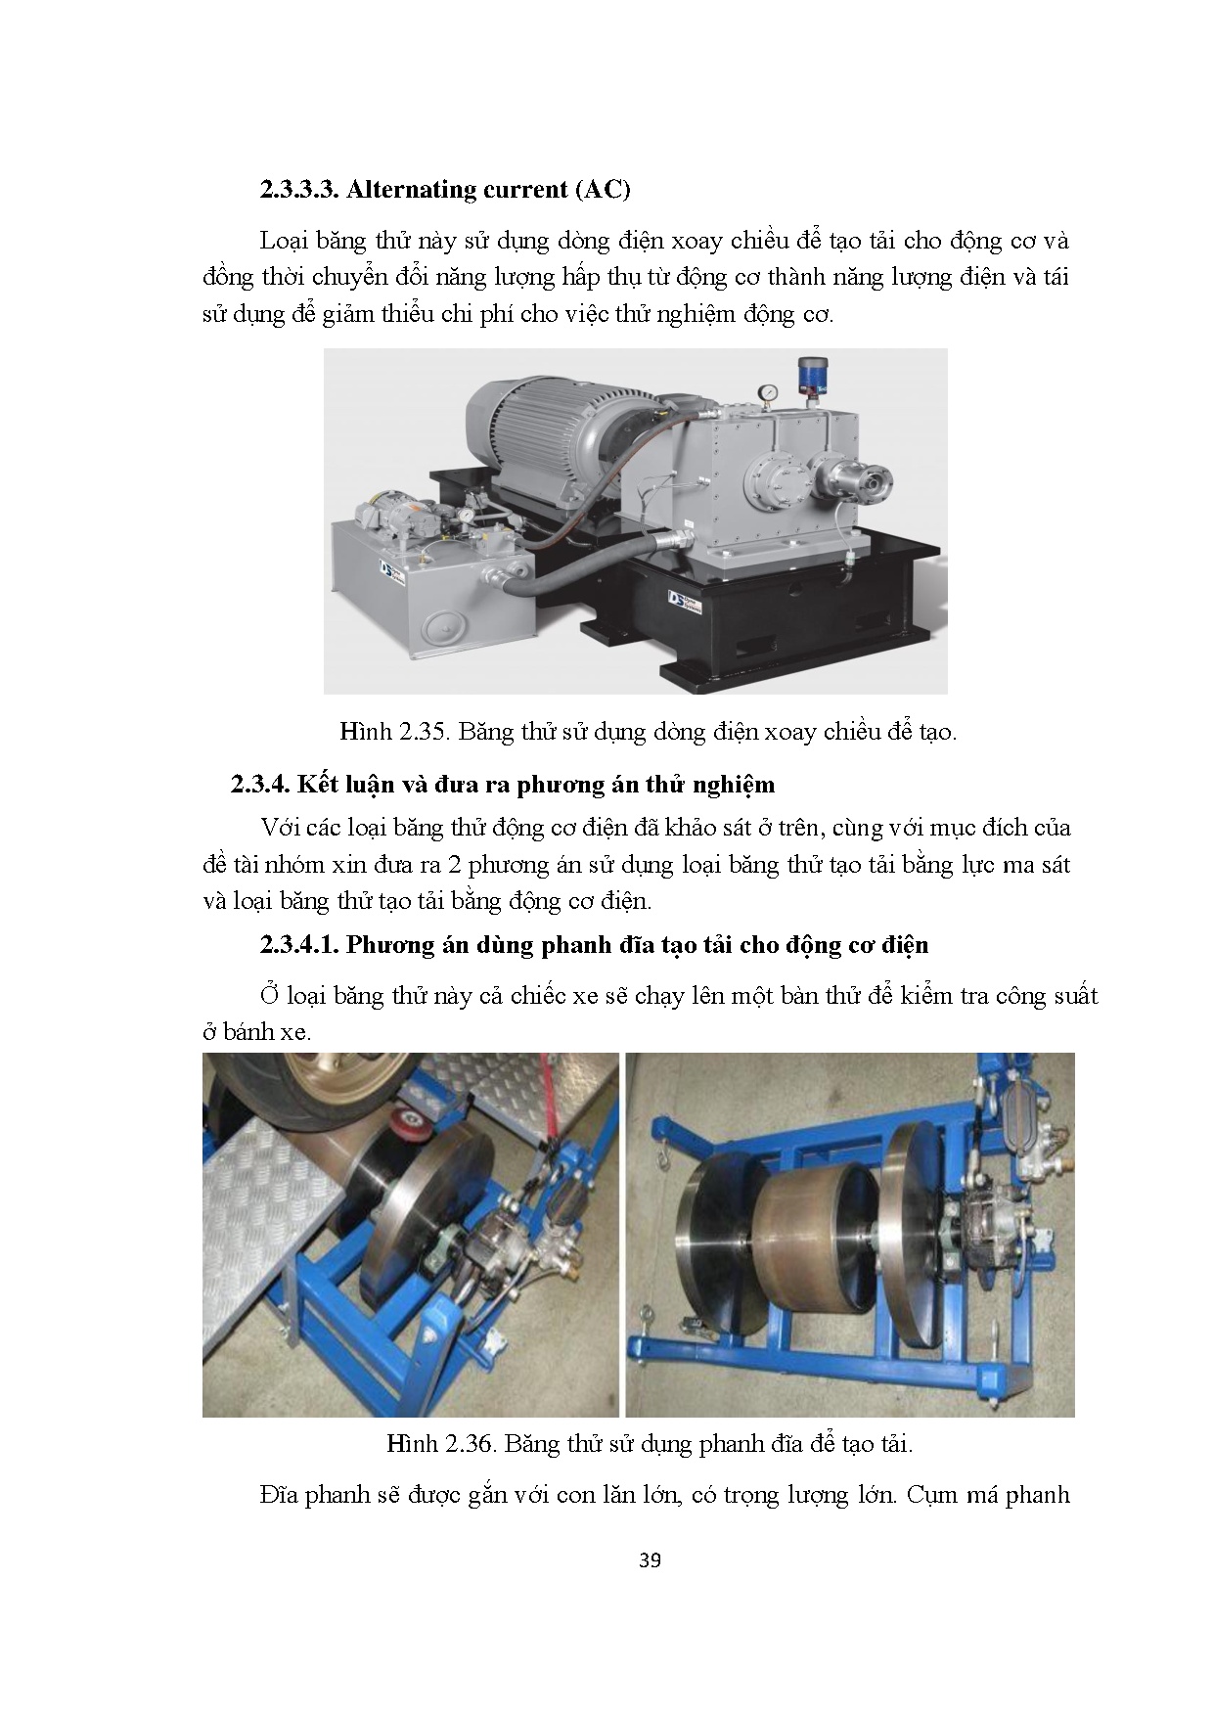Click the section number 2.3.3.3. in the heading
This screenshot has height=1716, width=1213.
pyautogui.click(x=299, y=189)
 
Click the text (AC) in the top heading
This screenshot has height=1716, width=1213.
pyautogui.click(x=601, y=189)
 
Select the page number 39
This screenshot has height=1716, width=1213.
pyautogui.click(x=650, y=1560)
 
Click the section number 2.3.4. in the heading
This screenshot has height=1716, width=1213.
pyautogui.click(x=261, y=785)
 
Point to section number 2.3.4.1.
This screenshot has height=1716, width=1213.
pyautogui.click(x=299, y=945)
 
